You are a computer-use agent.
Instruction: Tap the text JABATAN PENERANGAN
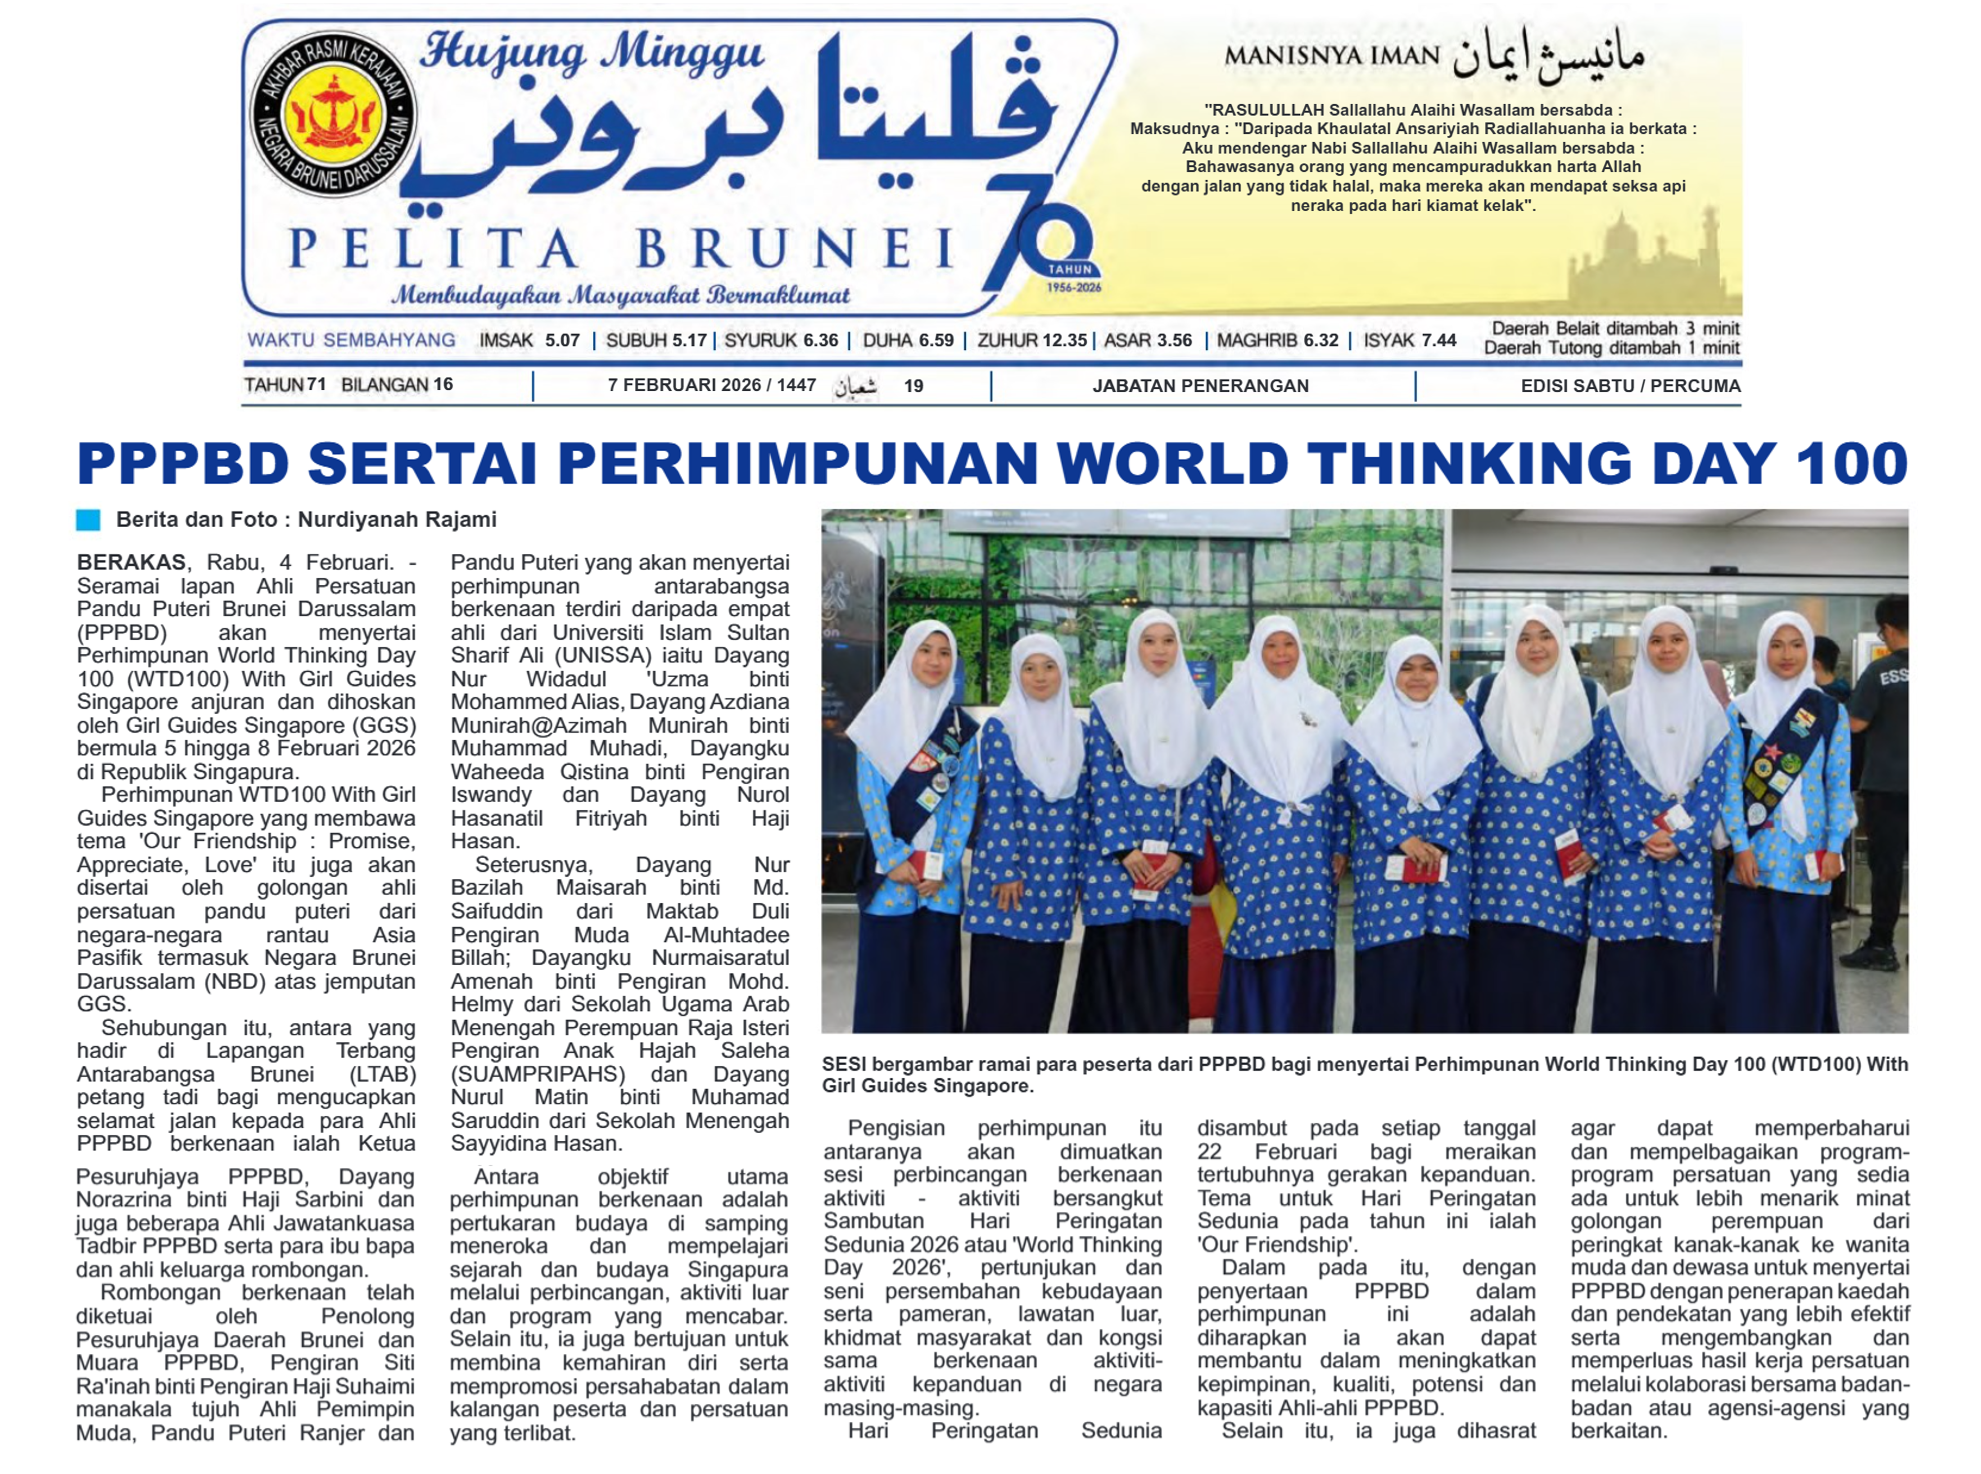(x=1200, y=385)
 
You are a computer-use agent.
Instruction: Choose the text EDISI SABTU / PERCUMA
(x=1630, y=385)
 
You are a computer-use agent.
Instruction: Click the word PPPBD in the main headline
(x=183, y=464)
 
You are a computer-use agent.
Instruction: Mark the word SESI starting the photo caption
(x=843, y=1064)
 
